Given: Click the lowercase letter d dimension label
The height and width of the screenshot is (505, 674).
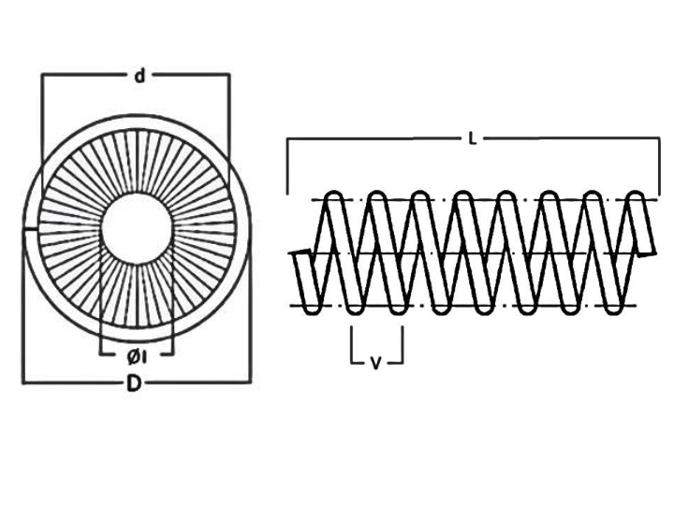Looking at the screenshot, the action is pos(139,76).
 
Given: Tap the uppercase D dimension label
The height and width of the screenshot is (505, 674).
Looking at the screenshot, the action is pos(134,382).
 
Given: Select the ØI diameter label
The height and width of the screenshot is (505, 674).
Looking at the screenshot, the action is pos(137,356).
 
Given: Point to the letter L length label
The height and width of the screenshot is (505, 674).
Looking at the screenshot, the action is pos(473,138).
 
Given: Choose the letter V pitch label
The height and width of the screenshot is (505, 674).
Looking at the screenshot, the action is pos(375,364).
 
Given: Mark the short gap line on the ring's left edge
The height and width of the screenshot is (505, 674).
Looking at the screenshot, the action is pos(30,230).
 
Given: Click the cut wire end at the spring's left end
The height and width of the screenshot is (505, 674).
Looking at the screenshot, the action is pos(302,252).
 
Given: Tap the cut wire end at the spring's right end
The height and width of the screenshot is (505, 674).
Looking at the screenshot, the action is pos(647,253).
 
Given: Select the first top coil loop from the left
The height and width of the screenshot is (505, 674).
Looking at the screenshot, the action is pos(334,197).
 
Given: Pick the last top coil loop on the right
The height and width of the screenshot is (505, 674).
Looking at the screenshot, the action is pos(636,197).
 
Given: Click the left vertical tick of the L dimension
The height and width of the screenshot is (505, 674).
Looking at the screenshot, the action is pos(287,166).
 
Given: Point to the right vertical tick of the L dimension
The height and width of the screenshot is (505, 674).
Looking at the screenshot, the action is pos(659,166).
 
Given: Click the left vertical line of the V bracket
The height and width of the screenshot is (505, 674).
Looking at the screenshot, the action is pos(352,345).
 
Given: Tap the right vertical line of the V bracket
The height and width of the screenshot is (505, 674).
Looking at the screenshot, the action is pos(403,345).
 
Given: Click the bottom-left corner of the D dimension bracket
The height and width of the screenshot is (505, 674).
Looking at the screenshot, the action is pos(23,382).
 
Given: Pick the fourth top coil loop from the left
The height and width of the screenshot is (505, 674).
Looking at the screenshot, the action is pos(463,197).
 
